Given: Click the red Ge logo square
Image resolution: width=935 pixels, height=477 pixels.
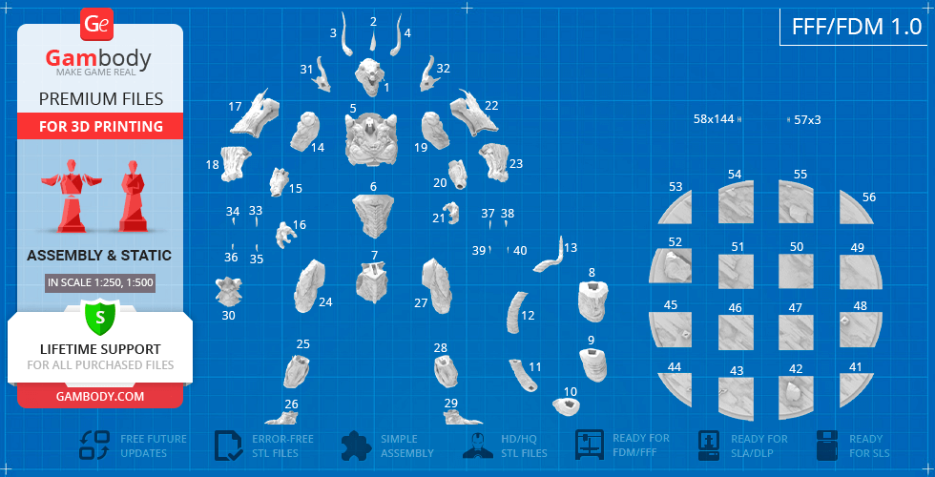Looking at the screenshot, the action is (96, 25).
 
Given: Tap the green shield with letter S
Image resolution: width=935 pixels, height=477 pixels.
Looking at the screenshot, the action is (99, 317).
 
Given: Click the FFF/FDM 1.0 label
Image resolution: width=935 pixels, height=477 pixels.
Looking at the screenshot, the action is (857, 27).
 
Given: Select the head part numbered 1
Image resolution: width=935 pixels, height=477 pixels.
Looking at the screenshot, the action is (372, 77).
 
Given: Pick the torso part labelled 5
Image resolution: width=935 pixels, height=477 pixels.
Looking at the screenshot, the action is (371, 140).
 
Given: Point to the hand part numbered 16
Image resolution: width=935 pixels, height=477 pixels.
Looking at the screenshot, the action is (285, 235).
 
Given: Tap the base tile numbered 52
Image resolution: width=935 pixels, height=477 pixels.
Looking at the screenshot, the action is (671, 265).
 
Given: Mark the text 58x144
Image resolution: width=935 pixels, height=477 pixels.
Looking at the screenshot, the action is (714, 119).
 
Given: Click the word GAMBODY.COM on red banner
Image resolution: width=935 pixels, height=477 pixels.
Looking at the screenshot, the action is (99, 396).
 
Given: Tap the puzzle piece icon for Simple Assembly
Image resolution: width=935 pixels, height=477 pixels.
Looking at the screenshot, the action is (356, 446).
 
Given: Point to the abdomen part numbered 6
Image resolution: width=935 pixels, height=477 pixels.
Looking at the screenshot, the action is (373, 216).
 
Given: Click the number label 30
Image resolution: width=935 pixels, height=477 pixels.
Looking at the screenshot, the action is (228, 316).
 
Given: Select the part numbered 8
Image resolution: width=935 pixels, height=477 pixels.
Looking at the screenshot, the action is (593, 301).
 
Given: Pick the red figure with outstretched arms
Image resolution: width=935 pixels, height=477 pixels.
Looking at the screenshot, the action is (72, 195).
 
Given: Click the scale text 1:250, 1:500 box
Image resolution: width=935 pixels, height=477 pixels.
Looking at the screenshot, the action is (99, 282).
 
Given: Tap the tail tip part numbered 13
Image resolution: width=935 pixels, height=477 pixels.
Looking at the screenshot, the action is (552, 257).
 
